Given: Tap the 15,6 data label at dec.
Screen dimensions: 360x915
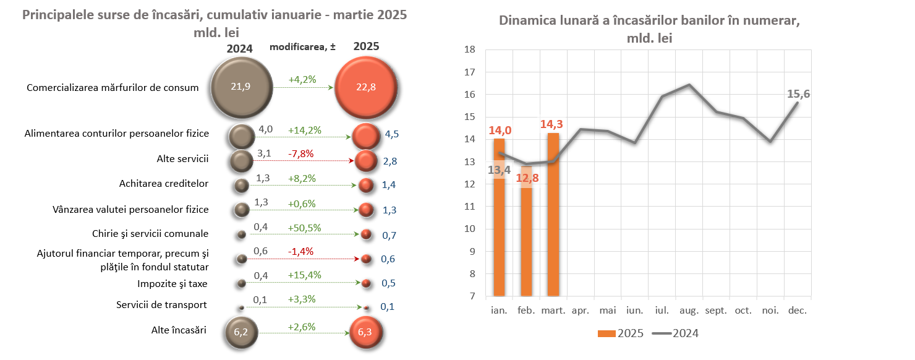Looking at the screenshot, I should pyautogui.click(x=798, y=94).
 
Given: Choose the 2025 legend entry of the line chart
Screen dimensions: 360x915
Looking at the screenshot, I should pyautogui.click(x=621, y=333).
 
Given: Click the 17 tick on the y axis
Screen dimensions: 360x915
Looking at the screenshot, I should pyautogui.click(x=469, y=72).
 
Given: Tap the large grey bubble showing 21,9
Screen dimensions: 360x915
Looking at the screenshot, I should pyautogui.click(x=240, y=87).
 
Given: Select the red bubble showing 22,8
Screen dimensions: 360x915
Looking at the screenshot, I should pyautogui.click(x=365, y=87).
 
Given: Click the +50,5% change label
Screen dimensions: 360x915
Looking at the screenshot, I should pyautogui.click(x=304, y=228).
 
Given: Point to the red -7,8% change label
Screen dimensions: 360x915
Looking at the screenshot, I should pyautogui.click(x=301, y=153).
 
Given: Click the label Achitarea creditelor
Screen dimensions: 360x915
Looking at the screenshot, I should pyautogui.click(x=163, y=184).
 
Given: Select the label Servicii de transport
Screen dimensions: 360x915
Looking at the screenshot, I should pyautogui.click(x=161, y=305).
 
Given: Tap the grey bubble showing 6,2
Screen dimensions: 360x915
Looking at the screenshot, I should pyautogui.click(x=240, y=332).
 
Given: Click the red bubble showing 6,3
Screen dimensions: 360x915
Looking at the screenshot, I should pyautogui.click(x=366, y=332).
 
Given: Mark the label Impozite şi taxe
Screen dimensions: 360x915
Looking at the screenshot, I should pyautogui.click(x=172, y=284).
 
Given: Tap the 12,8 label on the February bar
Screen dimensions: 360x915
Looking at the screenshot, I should pyautogui.click(x=527, y=180).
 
